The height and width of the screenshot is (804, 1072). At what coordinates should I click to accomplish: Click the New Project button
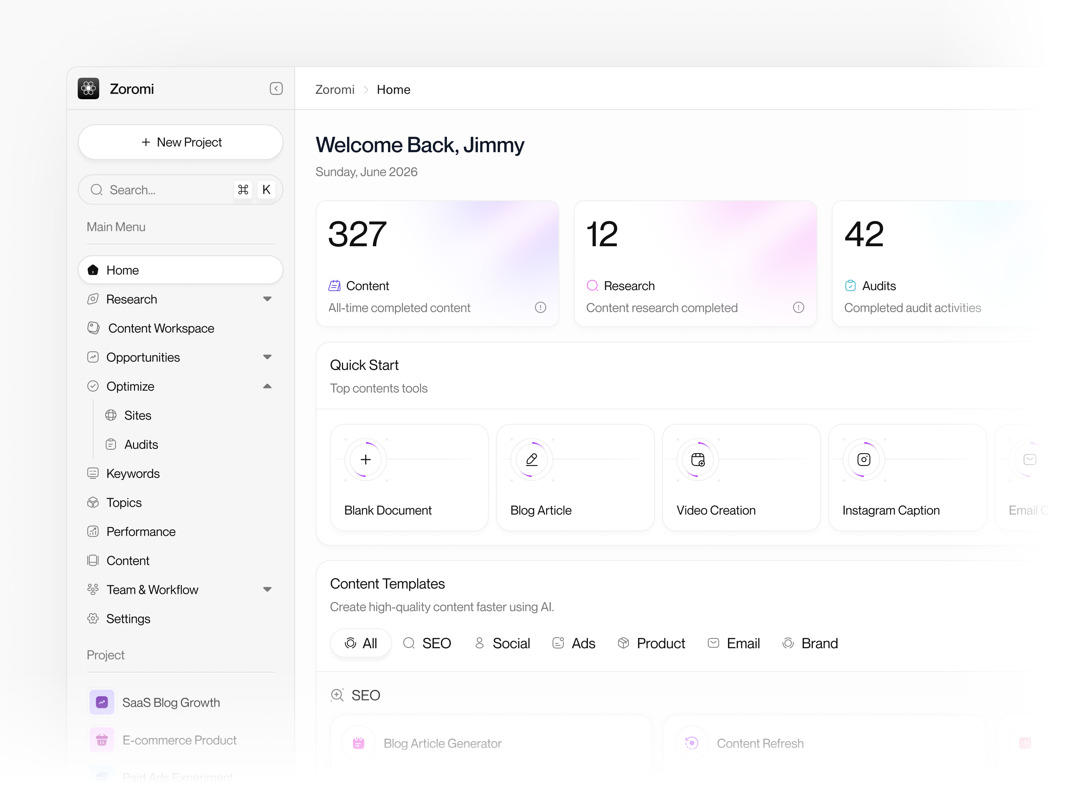[180, 142]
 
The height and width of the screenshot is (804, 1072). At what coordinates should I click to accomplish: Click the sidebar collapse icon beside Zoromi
[276, 89]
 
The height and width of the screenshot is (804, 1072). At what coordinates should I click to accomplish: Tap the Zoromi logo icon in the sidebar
[88, 89]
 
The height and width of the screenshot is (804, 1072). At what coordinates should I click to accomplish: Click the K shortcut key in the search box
[266, 190]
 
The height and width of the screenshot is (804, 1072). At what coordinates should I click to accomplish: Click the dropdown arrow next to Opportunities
[267, 357]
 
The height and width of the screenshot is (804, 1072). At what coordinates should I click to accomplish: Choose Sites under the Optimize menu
[138, 415]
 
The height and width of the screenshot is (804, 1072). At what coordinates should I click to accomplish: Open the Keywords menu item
[133, 473]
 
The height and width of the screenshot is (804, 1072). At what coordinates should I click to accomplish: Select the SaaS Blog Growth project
[171, 702]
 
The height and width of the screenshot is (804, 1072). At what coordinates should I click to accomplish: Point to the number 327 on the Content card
[357, 234]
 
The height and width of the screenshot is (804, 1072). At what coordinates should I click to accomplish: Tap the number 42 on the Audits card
[864, 234]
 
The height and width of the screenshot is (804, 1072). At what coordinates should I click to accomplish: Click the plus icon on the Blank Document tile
[366, 459]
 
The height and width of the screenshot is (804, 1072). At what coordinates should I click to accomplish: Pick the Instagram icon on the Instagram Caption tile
[864, 459]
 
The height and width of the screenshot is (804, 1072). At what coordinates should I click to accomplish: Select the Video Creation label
[716, 510]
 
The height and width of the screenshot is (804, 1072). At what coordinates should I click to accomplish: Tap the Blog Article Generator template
[442, 743]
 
